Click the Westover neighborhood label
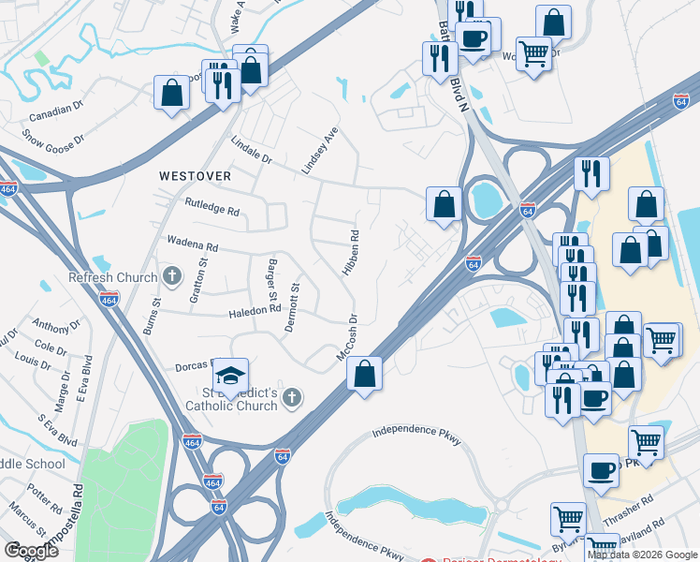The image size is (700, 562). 194,175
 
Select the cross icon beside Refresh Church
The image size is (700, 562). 170,276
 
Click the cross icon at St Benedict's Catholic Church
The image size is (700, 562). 292,399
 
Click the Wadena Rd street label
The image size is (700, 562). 192,245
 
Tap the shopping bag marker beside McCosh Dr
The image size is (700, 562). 365,375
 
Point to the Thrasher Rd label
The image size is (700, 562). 635,506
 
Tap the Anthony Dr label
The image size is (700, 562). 56,325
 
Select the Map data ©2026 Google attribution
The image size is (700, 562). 643,555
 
